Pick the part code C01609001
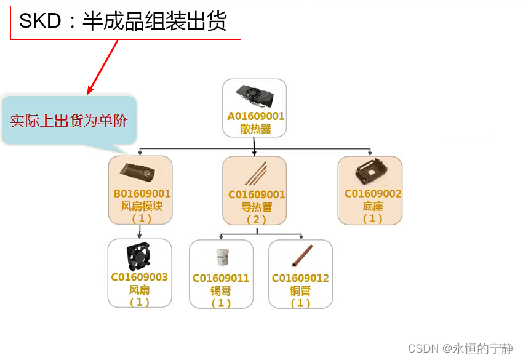pyautogui.click(x=257, y=195)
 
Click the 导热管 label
pyautogui.click(x=257, y=207)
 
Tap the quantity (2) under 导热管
pyautogui.click(x=257, y=220)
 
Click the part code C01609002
pyautogui.click(x=373, y=194)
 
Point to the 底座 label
pyautogui.click(x=373, y=206)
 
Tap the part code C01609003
pyautogui.click(x=140, y=278)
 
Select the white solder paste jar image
pyautogui.click(x=220, y=257)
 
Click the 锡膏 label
pyautogui.click(x=221, y=291)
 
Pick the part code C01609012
pyautogui.click(x=300, y=279)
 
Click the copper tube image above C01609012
pyautogui.click(x=300, y=257)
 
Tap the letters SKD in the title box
pyautogui.click(x=41, y=22)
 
